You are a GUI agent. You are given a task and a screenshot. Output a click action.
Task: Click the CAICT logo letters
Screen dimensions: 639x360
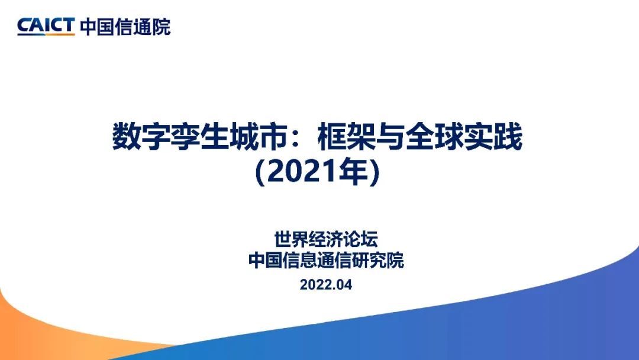click(46, 25)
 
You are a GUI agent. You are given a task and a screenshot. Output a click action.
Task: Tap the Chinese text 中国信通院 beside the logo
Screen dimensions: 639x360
click(125, 27)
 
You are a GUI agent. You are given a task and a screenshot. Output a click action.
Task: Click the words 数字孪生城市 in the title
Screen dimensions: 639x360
click(200, 137)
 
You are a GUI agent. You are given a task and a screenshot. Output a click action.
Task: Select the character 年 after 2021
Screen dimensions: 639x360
click(353, 172)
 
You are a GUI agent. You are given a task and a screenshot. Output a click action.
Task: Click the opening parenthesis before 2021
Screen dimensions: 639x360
click(260, 172)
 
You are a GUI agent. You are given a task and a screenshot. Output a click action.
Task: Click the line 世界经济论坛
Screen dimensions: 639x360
click(326, 239)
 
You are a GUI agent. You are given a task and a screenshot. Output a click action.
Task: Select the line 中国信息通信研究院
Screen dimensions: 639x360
click(326, 261)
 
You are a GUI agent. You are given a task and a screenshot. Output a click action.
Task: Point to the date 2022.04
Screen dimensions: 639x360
click(326, 285)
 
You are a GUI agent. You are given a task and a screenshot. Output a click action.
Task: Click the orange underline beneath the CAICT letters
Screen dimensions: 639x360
click(46, 35)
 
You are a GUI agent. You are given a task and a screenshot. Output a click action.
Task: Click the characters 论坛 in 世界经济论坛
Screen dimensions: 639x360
click(361, 239)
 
